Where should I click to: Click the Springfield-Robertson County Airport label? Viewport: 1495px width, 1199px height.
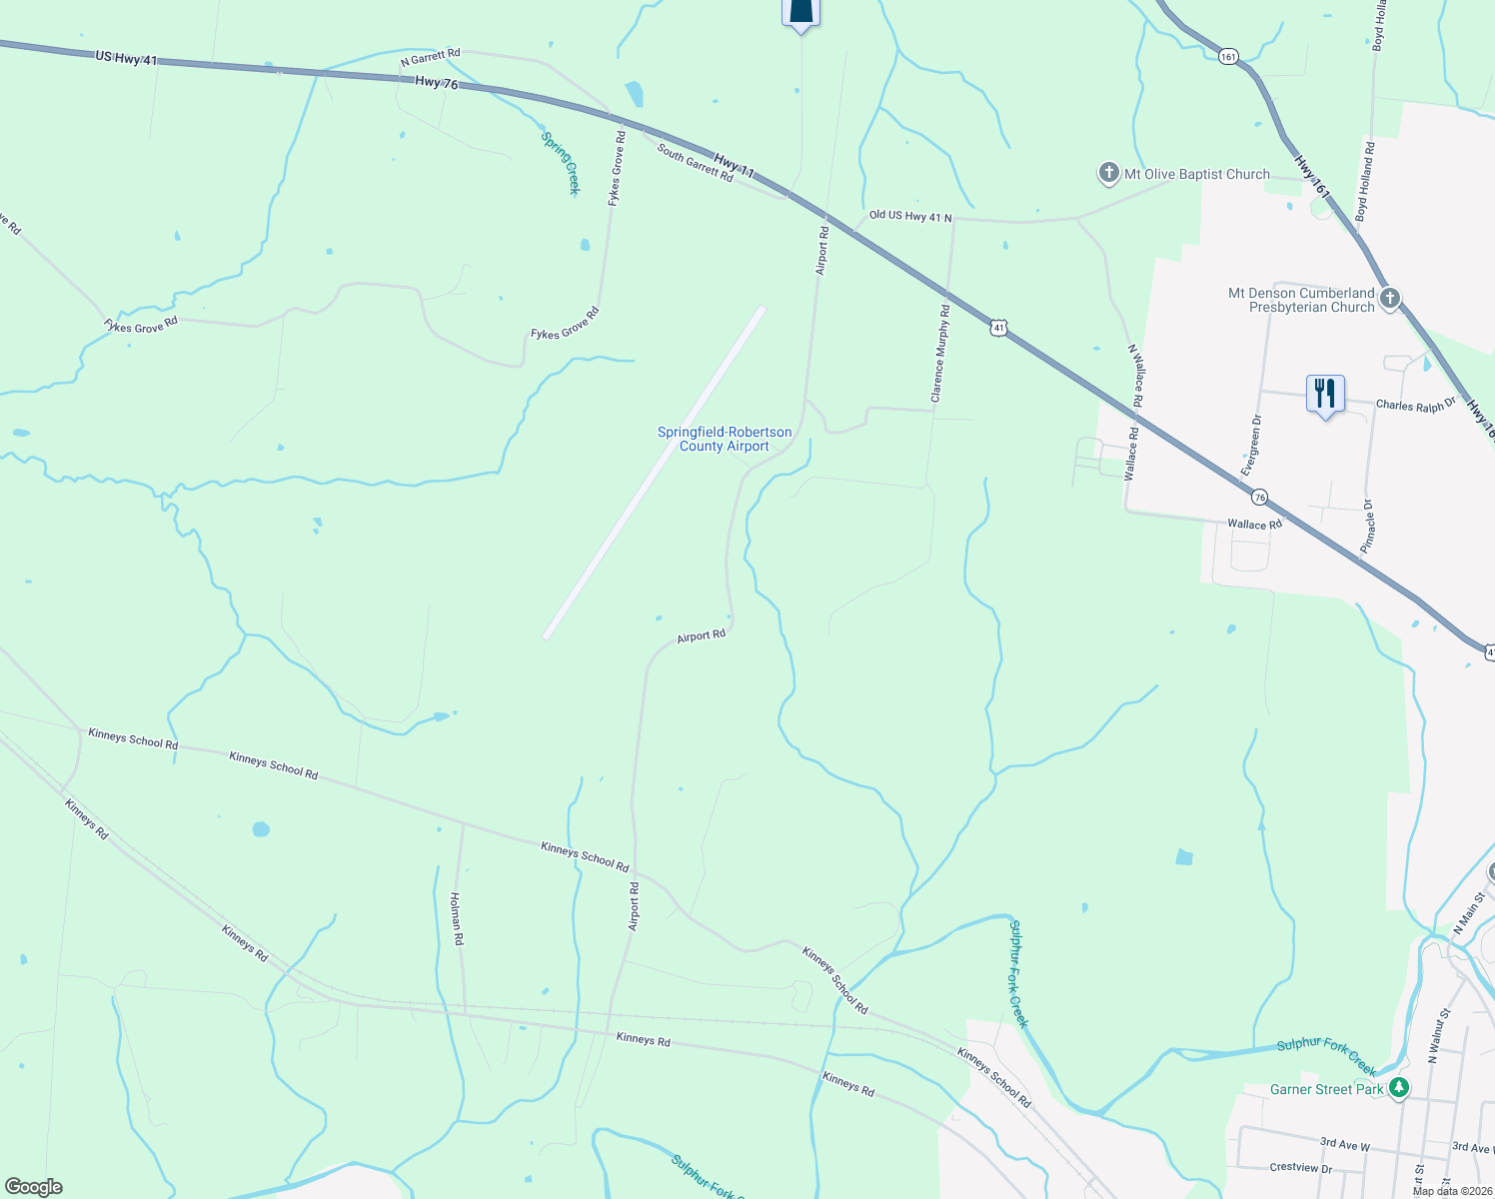725,439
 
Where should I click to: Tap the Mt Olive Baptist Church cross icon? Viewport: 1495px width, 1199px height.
1108,174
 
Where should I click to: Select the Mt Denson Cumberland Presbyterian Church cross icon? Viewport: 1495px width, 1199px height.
1389,299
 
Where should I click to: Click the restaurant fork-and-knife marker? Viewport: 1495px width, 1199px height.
1325,394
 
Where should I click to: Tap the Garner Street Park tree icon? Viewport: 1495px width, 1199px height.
1399,1088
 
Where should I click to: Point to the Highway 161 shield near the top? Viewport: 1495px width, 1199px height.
1228,57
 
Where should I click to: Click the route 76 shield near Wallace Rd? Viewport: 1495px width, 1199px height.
1259,497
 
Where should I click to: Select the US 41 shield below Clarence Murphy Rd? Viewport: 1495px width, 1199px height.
999,328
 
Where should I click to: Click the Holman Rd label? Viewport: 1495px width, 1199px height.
456,919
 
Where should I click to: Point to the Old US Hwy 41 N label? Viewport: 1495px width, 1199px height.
909,216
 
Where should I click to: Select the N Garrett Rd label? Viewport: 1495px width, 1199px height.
431,58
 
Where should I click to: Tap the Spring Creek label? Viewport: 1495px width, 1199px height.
561,163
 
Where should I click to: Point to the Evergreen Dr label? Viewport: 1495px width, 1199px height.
1251,445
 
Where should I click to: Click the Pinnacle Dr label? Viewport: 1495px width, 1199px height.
1368,527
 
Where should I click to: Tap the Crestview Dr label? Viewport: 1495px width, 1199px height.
1300,1168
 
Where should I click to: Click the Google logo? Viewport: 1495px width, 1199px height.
33,1186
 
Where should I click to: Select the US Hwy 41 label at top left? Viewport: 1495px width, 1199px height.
127,59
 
